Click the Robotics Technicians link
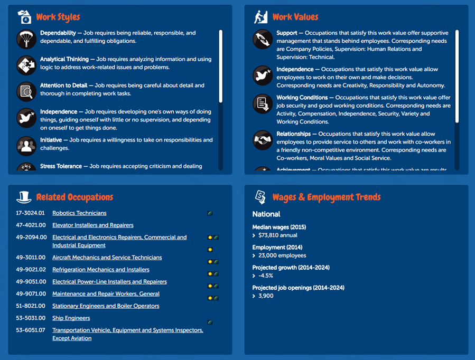point(79,213)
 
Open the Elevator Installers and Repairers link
point(92,225)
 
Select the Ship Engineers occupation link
point(71,318)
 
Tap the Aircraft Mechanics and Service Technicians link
point(107,258)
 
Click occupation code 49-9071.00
point(31,294)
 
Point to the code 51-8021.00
point(31,306)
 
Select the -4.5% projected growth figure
point(266,276)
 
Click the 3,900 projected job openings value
point(266,296)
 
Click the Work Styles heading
point(58,17)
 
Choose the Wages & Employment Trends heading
point(326,197)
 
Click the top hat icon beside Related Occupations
point(24,197)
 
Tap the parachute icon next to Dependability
point(26,37)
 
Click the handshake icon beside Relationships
point(263,140)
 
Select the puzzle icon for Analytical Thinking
point(26,65)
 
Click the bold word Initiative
point(51,140)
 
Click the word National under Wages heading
point(266,214)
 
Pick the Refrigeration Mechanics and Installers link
point(100,270)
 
